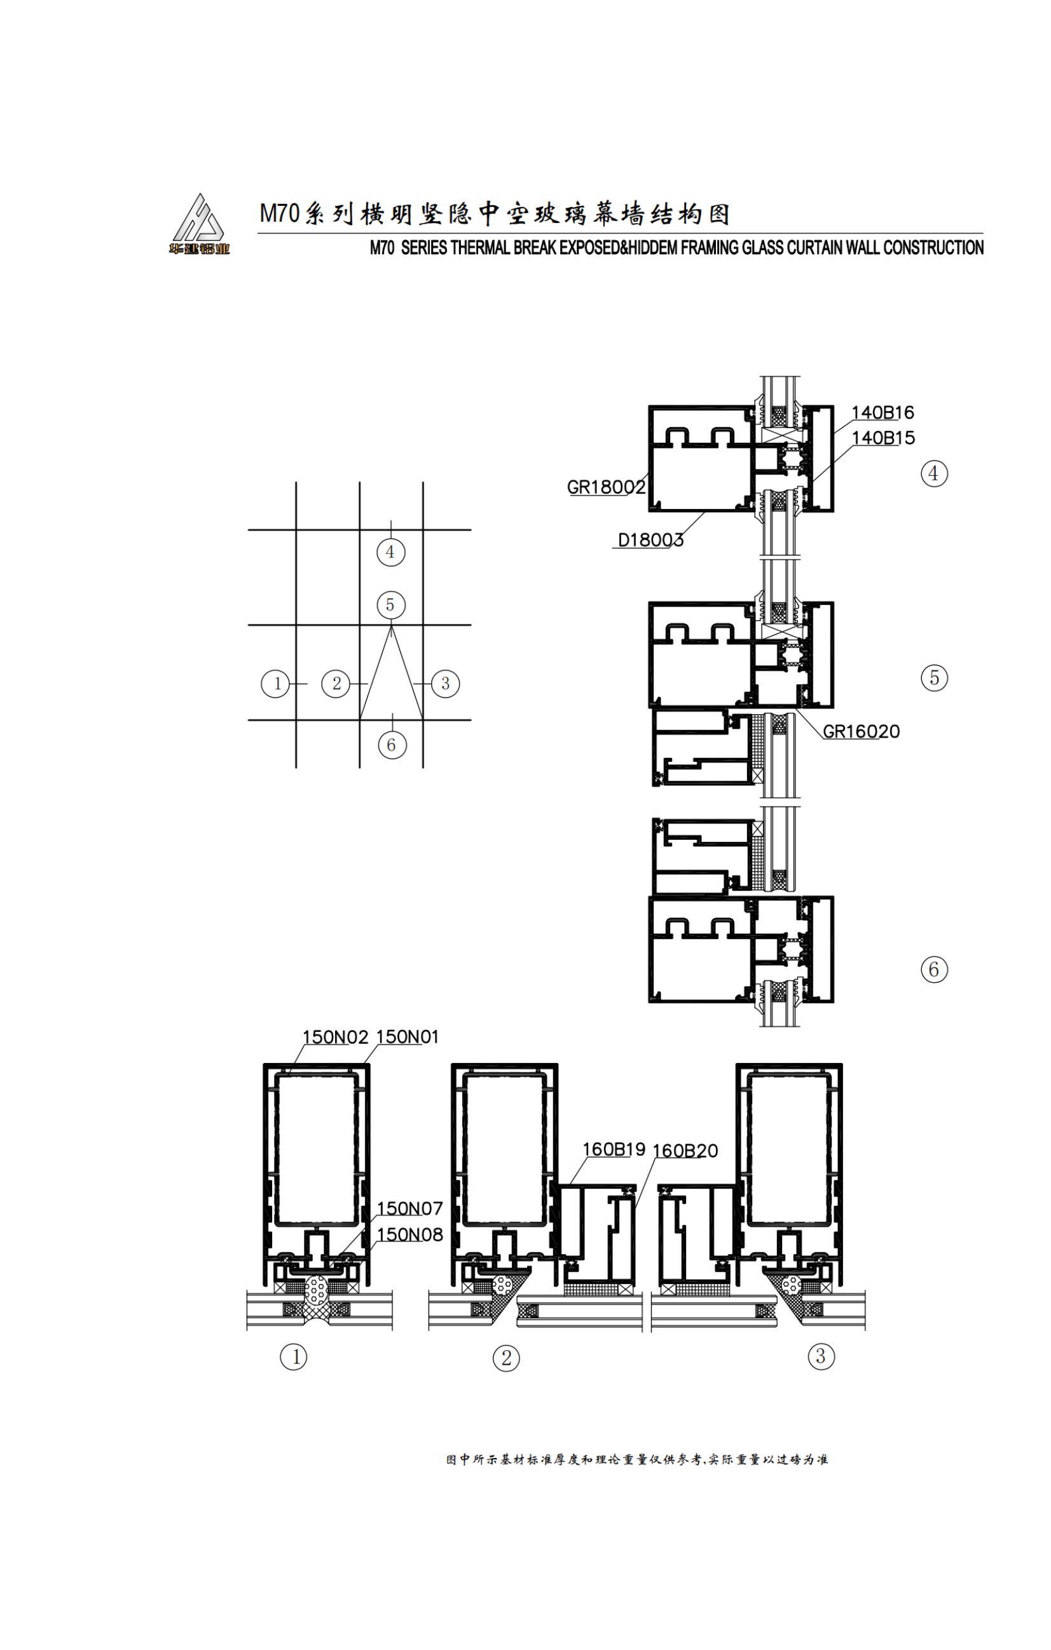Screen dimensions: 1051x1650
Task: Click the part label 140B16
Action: click(x=883, y=412)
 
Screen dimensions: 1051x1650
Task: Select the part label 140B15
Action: click(x=883, y=438)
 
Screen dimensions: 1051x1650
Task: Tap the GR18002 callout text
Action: click(x=606, y=487)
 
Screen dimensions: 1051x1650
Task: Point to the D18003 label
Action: click(x=650, y=540)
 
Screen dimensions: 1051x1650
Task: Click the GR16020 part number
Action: click(x=861, y=731)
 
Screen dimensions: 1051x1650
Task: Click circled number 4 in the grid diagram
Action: click(x=391, y=551)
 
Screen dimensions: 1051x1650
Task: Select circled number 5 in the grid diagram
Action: click(x=391, y=605)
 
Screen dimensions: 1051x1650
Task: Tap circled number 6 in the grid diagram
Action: click(x=392, y=745)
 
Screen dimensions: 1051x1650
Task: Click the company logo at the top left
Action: click(x=199, y=224)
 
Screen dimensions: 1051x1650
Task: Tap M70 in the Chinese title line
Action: click(x=280, y=213)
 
